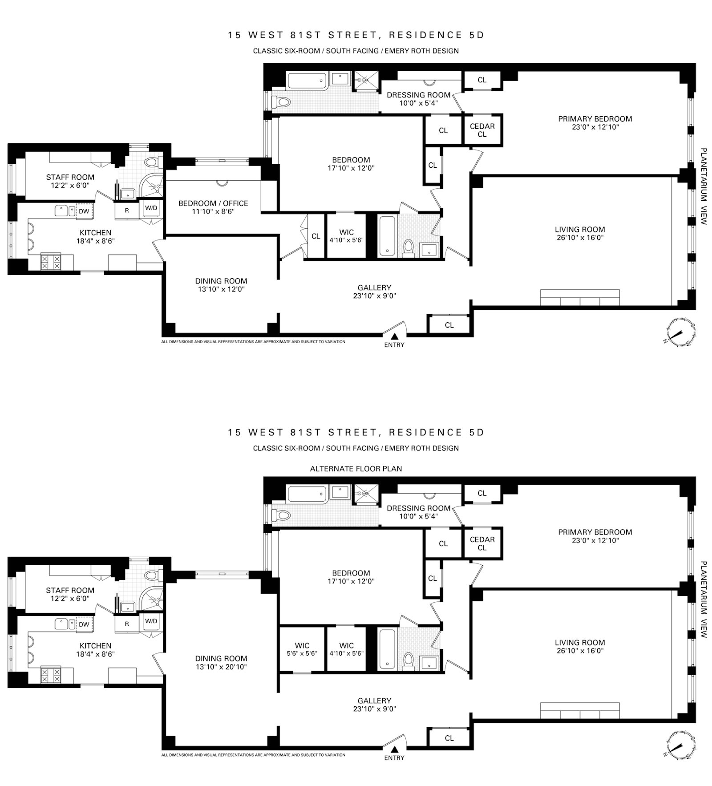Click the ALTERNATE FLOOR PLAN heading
(x=356, y=469)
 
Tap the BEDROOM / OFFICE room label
(x=213, y=203)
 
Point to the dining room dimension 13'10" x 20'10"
(x=221, y=667)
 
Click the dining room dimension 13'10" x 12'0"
(x=221, y=289)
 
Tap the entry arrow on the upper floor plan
(x=394, y=336)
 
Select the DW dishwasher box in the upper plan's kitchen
(x=84, y=211)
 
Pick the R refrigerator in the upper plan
(x=127, y=211)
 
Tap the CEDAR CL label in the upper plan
(x=482, y=130)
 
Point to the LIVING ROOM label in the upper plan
(x=580, y=230)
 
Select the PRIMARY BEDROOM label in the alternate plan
(x=595, y=532)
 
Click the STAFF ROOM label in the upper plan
(x=70, y=177)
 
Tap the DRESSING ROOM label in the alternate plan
(x=419, y=508)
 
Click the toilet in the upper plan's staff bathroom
(x=152, y=162)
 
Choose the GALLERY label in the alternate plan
(x=374, y=701)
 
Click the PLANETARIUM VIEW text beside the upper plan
(x=703, y=186)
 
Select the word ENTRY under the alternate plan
(x=394, y=758)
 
